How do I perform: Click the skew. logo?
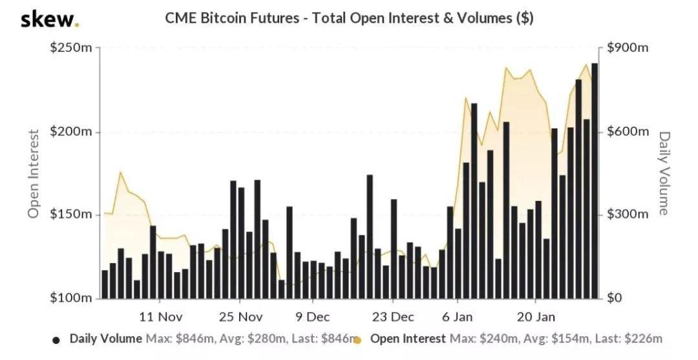[50, 19]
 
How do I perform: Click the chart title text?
[349, 18]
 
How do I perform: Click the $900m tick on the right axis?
[628, 49]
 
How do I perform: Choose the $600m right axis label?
[628, 132]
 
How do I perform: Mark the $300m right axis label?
[628, 215]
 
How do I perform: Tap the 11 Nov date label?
[161, 317]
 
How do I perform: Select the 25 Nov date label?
[240, 317]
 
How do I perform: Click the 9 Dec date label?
[313, 317]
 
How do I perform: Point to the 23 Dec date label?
[393, 317]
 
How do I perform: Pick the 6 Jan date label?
[458, 317]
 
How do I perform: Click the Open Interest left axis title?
[34, 173]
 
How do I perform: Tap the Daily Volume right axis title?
[664, 173]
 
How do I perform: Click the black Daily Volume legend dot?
[56, 339]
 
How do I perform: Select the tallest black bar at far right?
[595, 181]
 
